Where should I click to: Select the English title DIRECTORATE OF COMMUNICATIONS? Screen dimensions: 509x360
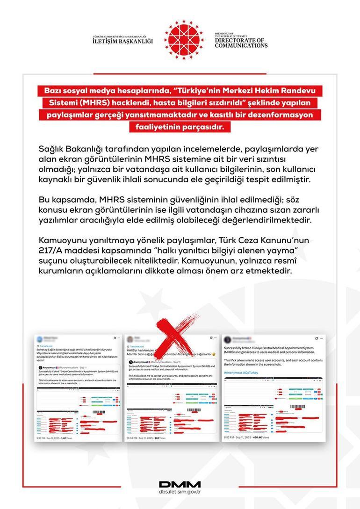241,43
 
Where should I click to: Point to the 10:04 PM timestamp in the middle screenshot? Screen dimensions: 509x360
134,438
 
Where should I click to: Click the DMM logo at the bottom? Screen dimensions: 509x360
180,484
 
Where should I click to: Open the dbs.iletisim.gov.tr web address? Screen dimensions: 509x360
180,492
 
